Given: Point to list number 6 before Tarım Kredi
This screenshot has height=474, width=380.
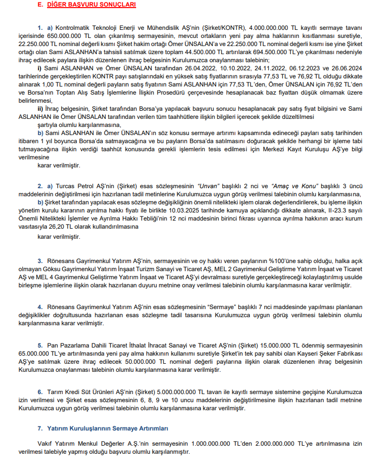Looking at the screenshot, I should pos(39,392).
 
